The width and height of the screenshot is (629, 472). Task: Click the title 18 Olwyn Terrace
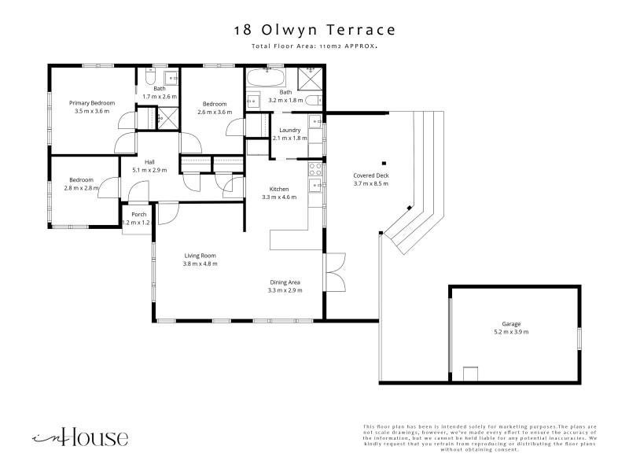[315, 30]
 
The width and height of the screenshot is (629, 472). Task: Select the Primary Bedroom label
[92, 103]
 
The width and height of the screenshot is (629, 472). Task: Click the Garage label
[511, 324]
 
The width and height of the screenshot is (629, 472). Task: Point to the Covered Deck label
[371, 175]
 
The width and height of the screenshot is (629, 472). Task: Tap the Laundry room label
[289, 131]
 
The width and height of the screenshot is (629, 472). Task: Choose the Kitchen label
[279, 189]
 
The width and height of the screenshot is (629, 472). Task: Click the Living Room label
[200, 256]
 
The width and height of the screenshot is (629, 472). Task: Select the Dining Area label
[285, 282]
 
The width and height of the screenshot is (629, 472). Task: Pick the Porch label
[139, 214]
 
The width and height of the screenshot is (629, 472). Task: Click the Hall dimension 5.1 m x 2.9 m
[149, 170]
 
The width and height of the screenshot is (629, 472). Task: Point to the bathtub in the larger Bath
[266, 77]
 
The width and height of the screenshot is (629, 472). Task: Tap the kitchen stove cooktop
[315, 169]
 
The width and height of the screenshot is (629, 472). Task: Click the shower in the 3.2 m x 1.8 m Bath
[310, 79]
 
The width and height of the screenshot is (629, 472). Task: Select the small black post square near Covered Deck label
[384, 164]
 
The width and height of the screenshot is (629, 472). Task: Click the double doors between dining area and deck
[336, 272]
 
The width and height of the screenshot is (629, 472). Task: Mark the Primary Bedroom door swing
[128, 120]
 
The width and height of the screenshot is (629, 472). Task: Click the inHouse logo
[80, 437]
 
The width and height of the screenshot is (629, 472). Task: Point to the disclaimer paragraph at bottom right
[480, 438]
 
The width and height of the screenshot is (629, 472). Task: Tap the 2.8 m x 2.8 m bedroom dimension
[82, 188]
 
